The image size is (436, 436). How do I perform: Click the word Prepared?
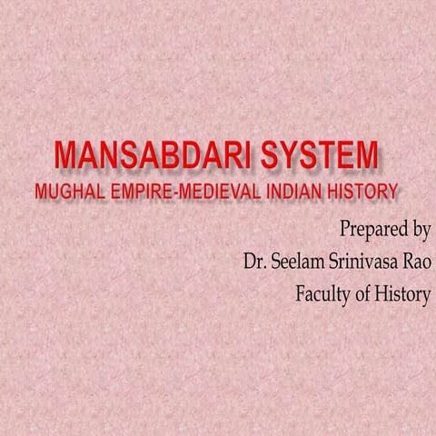372,227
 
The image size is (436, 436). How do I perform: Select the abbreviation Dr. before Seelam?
253,261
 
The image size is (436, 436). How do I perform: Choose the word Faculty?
326,294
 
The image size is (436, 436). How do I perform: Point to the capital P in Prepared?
344,226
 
